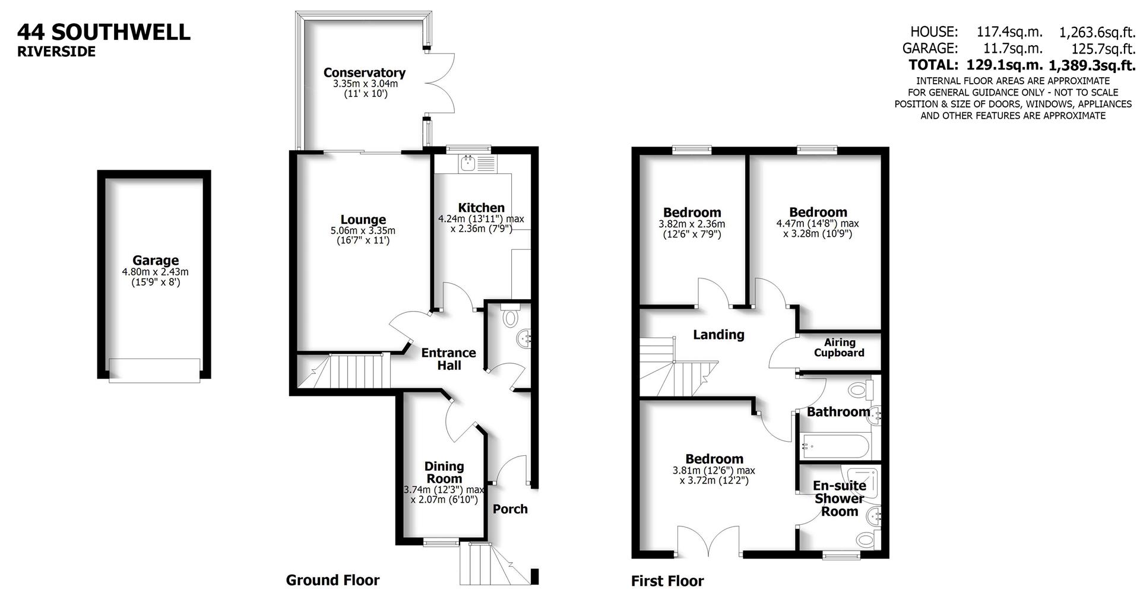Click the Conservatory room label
pyautogui.click(x=364, y=72)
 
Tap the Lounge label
pyautogui.click(x=363, y=220)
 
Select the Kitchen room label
pyautogui.click(x=481, y=208)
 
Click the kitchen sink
pyautogui.click(x=468, y=163)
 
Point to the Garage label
pyautogui.click(x=156, y=260)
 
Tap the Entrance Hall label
pyautogui.click(x=449, y=359)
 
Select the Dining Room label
pyautogui.click(x=444, y=473)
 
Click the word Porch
pyautogui.click(x=510, y=509)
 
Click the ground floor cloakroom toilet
pyautogui.click(x=509, y=318)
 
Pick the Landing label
pyautogui.click(x=718, y=335)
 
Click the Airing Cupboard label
pyautogui.click(x=839, y=347)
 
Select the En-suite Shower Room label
pyautogui.click(x=839, y=498)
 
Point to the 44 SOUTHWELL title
pyautogui.click(x=104, y=32)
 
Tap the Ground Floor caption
pyautogui.click(x=332, y=580)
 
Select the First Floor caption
pyautogui.click(x=667, y=581)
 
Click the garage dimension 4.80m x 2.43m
pyautogui.click(x=156, y=272)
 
